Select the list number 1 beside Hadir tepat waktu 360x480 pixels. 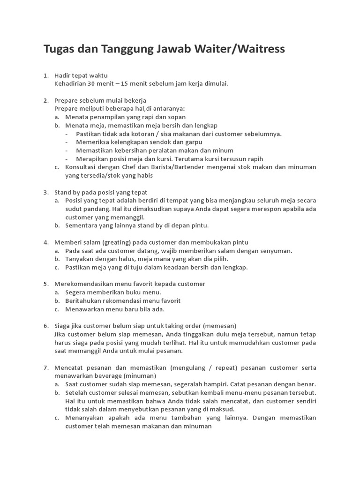(45, 75)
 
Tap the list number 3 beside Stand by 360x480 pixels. (45, 192)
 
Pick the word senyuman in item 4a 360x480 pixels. (276, 251)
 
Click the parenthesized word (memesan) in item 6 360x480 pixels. (220, 326)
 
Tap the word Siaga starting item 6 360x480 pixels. (62, 326)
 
